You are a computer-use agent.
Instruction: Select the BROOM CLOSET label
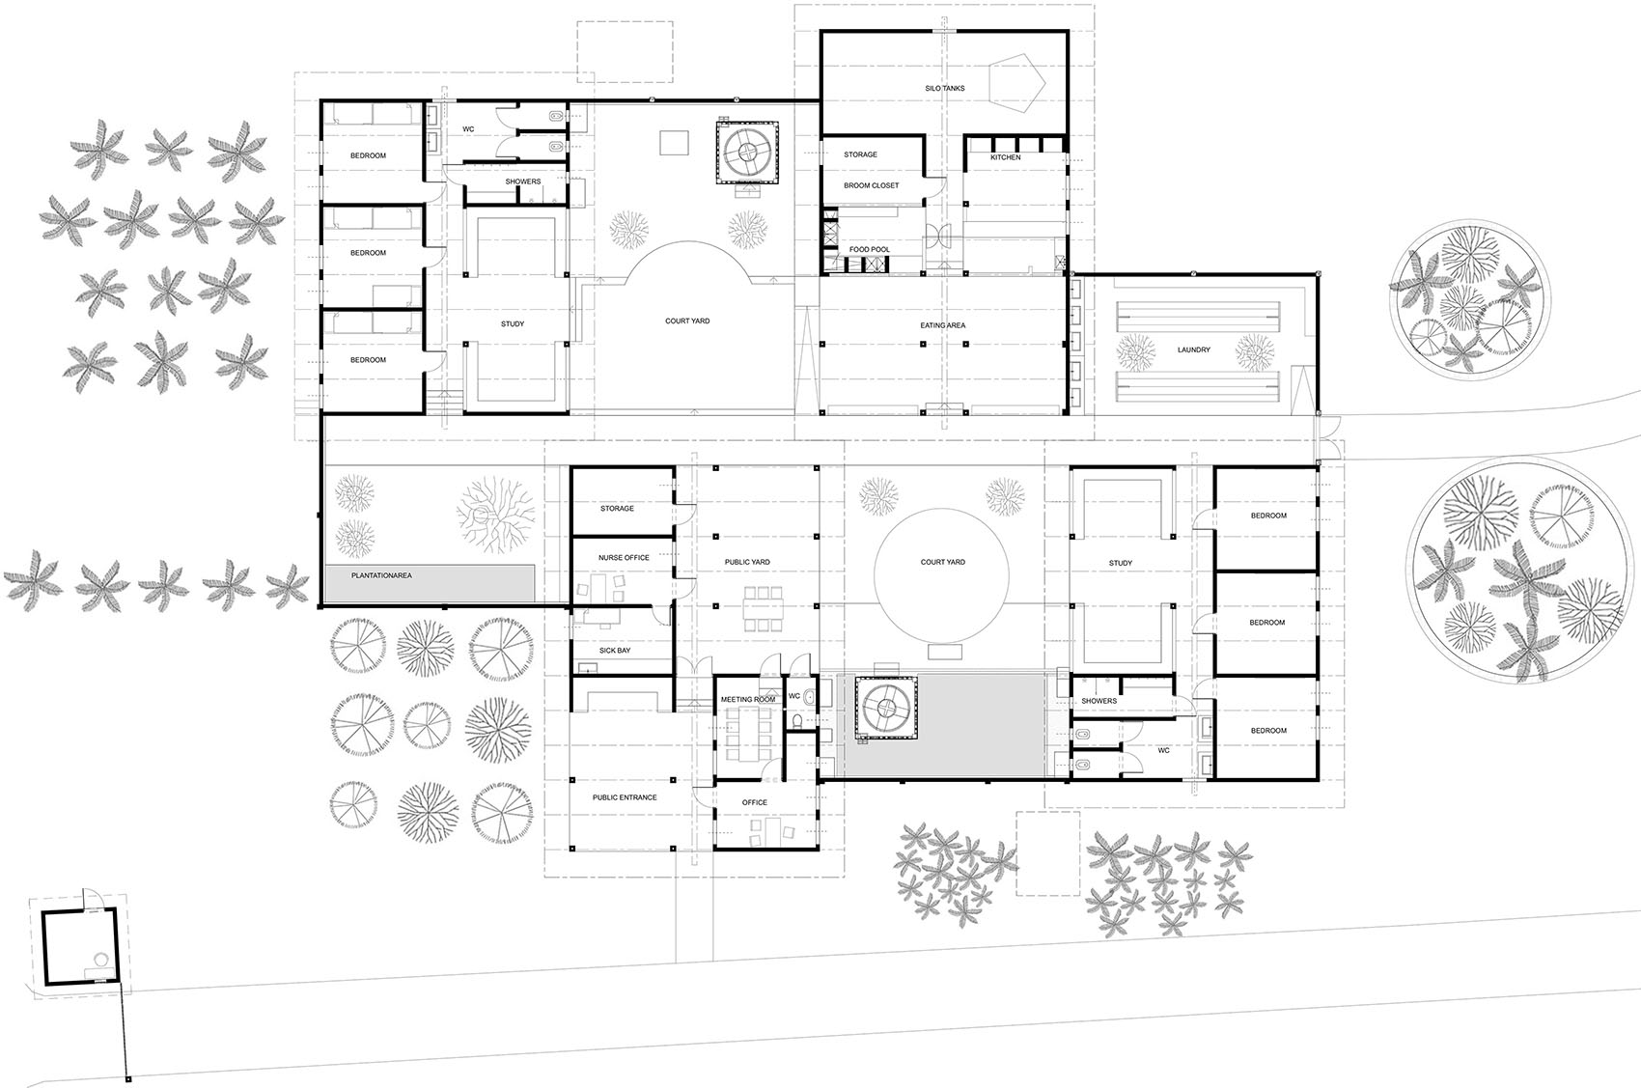tap(871, 185)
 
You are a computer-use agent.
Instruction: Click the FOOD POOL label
tap(869, 249)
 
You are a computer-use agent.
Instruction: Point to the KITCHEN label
tap(1005, 157)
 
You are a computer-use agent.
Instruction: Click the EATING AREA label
tap(942, 325)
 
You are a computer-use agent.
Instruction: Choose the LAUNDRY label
tap(1193, 349)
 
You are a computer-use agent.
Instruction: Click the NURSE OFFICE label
tap(624, 558)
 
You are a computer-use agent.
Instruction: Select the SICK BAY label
tap(614, 651)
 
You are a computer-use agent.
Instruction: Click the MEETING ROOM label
tap(748, 699)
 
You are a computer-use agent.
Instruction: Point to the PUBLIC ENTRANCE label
tap(625, 797)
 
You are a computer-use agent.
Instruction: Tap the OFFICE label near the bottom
tap(754, 802)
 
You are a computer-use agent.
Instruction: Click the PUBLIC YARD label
tap(747, 562)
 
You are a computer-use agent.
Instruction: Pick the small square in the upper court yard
tap(674, 143)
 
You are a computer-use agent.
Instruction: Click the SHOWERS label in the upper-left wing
tap(522, 181)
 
